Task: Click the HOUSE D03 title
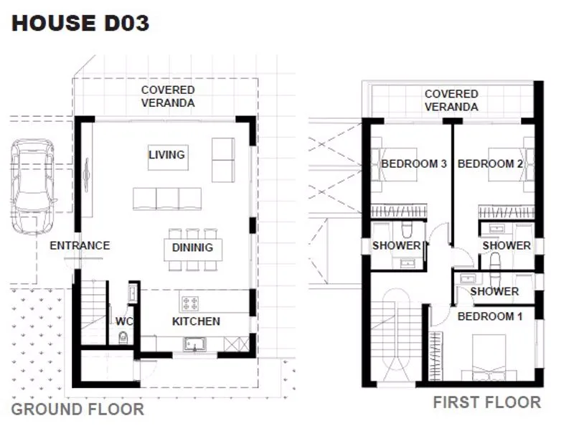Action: click(x=80, y=23)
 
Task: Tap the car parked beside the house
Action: click(x=33, y=186)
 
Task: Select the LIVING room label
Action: click(x=167, y=154)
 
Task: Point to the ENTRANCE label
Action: click(x=80, y=245)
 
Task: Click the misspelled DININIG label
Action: click(x=192, y=247)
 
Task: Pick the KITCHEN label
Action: click(x=196, y=321)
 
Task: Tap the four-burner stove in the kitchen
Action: click(x=190, y=303)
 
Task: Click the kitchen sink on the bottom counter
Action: click(x=194, y=344)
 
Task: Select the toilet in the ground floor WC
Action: click(x=123, y=338)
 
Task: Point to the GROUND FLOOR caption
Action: click(x=77, y=410)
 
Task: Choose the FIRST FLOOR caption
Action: click(x=487, y=402)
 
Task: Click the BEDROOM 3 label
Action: click(x=414, y=164)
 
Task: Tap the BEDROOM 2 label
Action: click(x=490, y=164)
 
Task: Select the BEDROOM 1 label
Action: click(x=490, y=316)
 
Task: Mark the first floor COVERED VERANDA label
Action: click(x=451, y=100)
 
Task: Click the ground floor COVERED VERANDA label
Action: click(x=168, y=96)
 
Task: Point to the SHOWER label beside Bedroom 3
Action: click(x=397, y=245)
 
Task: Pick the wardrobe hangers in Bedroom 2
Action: click(x=507, y=212)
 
